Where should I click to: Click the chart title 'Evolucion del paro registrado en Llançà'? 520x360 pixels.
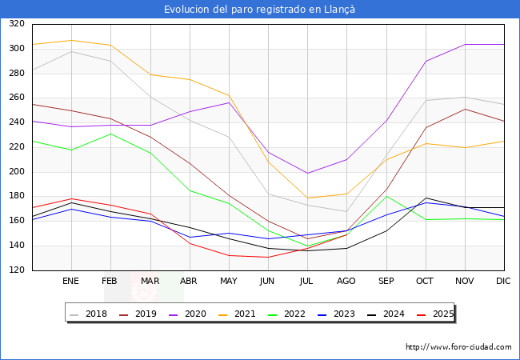260,9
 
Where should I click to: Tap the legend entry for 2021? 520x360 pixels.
243,314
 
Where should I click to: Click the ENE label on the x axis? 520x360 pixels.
71,281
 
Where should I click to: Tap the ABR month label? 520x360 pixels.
189,281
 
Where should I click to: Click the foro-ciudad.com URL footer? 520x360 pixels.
458,347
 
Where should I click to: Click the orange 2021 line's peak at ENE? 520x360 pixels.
71,40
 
